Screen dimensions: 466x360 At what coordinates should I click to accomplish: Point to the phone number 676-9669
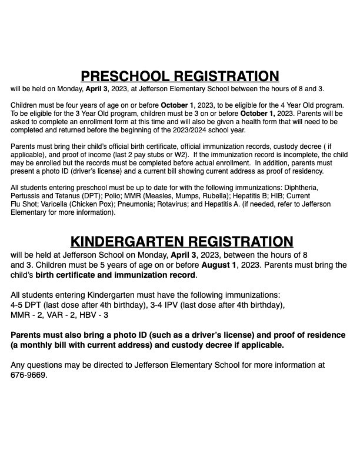pos(28,375)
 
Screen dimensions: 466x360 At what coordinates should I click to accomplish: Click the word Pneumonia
pos(161,204)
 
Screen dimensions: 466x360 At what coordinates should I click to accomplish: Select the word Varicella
pos(53,204)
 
